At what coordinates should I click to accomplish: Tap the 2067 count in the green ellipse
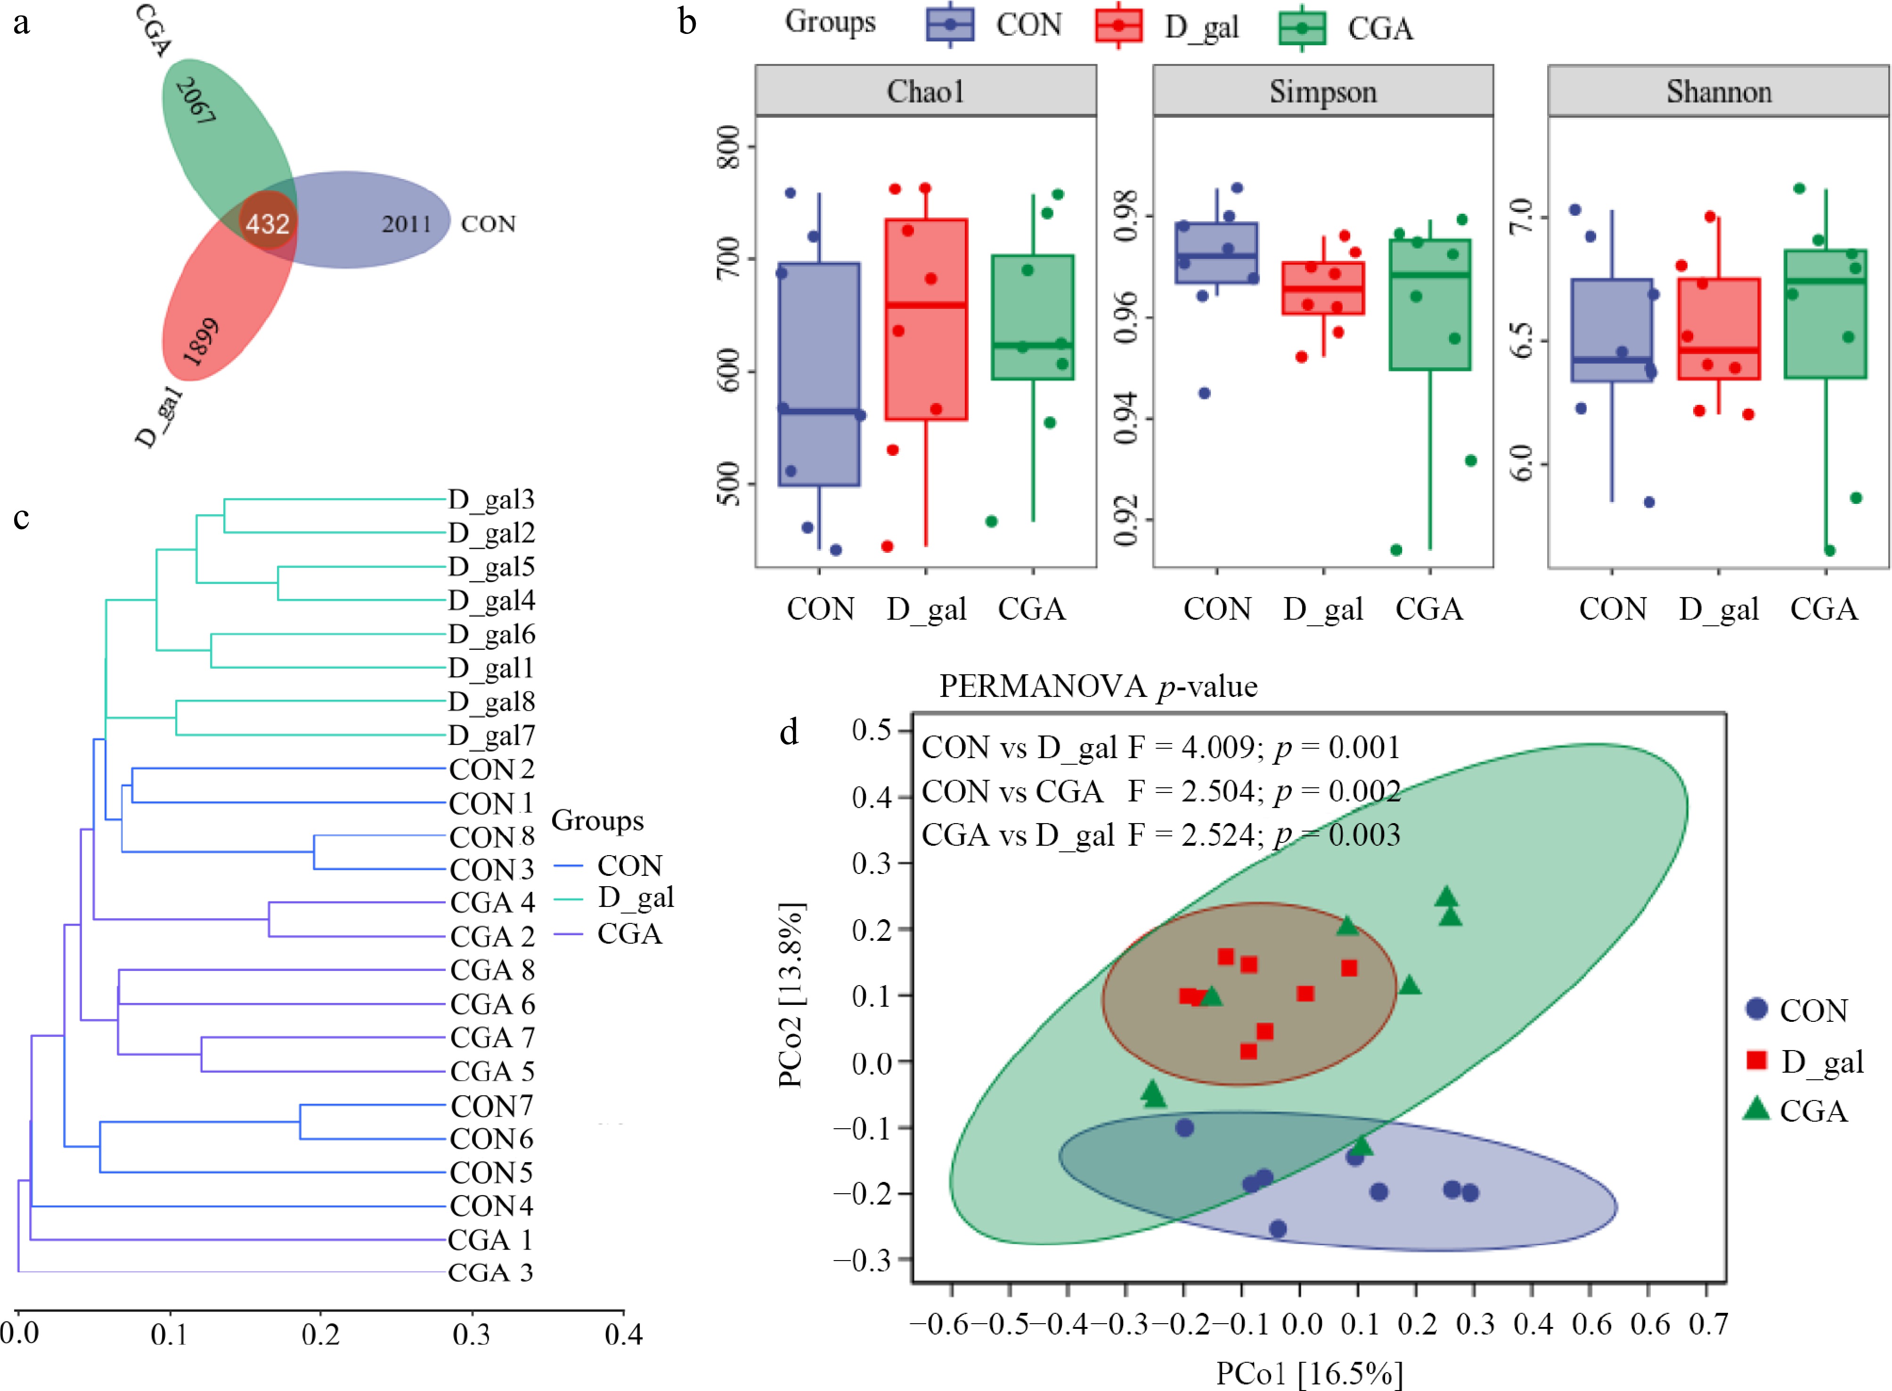(196, 101)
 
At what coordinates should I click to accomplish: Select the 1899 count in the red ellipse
(201, 342)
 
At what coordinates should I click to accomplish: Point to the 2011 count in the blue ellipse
(406, 224)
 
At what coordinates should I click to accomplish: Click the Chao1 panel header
(925, 91)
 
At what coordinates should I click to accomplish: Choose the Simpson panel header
(1322, 91)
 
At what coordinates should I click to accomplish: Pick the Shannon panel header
(1719, 91)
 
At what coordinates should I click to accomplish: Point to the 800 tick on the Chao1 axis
(729, 147)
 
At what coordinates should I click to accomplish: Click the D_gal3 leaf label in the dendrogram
(491, 499)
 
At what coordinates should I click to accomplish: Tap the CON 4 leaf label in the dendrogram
(491, 1206)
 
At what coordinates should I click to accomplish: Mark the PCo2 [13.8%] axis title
(790, 995)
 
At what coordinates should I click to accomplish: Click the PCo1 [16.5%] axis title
(1309, 1373)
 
